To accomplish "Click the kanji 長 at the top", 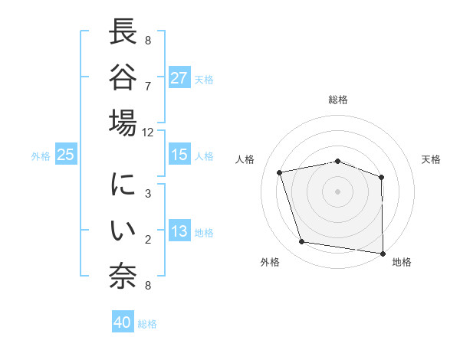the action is point(123,34).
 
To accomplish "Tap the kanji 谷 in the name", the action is point(123,79).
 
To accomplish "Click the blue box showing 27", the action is point(179,78).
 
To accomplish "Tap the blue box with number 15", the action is point(179,155).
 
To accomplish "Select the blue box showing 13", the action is point(179,231).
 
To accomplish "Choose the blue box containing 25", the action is point(66,155).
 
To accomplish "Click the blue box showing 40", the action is point(123,322).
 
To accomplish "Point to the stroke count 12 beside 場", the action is point(147,132).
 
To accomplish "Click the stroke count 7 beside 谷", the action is point(147,87).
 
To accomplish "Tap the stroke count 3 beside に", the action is point(147,195).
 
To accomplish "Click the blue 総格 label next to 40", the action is point(147,324).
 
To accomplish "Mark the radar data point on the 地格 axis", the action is point(383,252).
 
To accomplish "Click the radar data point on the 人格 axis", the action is point(280,172).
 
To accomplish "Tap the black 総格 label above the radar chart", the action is point(337,100).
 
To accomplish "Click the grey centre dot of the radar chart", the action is point(337,191).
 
